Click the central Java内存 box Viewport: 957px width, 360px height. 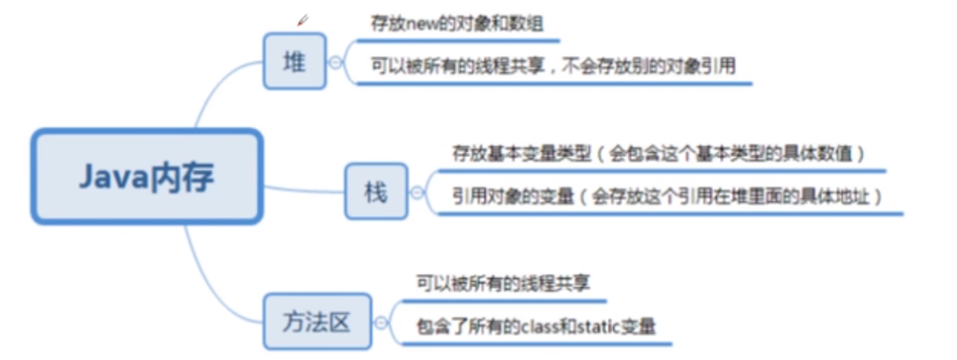coord(146,177)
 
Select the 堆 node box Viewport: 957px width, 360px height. coord(295,62)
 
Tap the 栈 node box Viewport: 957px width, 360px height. coord(375,192)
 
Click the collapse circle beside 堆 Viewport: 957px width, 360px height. coord(336,63)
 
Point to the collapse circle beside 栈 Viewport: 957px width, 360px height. coord(417,192)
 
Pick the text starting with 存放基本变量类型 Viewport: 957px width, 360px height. coord(659,154)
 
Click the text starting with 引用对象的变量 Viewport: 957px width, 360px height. coord(666,196)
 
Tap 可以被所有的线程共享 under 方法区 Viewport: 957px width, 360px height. coord(503,284)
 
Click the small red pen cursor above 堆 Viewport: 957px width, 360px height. coord(302,21)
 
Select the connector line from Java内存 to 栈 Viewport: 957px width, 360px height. coord(304,188)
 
